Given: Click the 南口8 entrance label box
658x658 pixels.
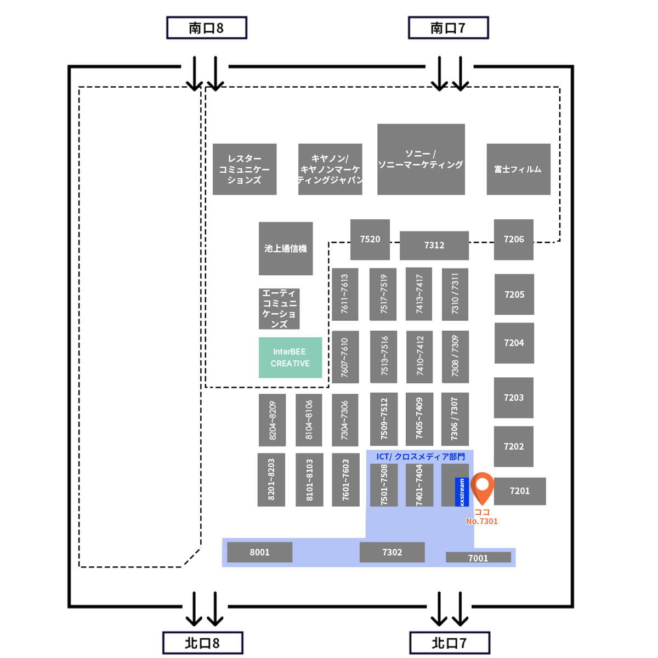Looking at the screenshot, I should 207,28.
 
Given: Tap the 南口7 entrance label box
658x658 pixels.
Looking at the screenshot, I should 449,28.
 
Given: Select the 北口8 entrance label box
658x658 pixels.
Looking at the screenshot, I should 203,643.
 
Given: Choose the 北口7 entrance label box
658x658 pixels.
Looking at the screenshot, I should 450,643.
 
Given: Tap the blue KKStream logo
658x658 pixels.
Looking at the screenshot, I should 462,492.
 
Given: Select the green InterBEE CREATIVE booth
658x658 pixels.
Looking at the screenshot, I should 290,358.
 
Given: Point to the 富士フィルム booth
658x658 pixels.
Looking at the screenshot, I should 518,169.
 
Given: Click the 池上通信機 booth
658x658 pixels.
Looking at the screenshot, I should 286,248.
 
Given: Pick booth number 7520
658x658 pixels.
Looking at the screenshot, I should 370,240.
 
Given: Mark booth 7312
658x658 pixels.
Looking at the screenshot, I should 434,246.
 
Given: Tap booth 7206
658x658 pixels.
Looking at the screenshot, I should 514,240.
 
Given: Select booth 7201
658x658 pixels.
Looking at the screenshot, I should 520,491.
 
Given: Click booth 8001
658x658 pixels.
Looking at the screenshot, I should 260,552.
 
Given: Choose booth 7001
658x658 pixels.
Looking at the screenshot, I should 478,558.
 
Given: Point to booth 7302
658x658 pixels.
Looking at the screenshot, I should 392,552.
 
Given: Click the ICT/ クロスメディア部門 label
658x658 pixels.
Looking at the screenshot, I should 421,457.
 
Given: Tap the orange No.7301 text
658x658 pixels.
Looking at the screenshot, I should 482,521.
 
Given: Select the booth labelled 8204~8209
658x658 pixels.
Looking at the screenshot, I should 273,420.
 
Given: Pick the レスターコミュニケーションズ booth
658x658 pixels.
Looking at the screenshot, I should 245,169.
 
